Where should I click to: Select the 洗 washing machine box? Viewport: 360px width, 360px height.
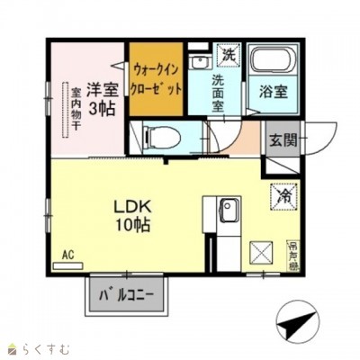[x=229, y=53]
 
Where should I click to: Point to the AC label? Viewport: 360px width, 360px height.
[x=67, y=255]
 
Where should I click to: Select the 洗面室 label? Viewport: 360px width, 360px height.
[x=221, y=93]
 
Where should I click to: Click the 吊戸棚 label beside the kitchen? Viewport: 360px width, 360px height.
[x=294, y=252]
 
